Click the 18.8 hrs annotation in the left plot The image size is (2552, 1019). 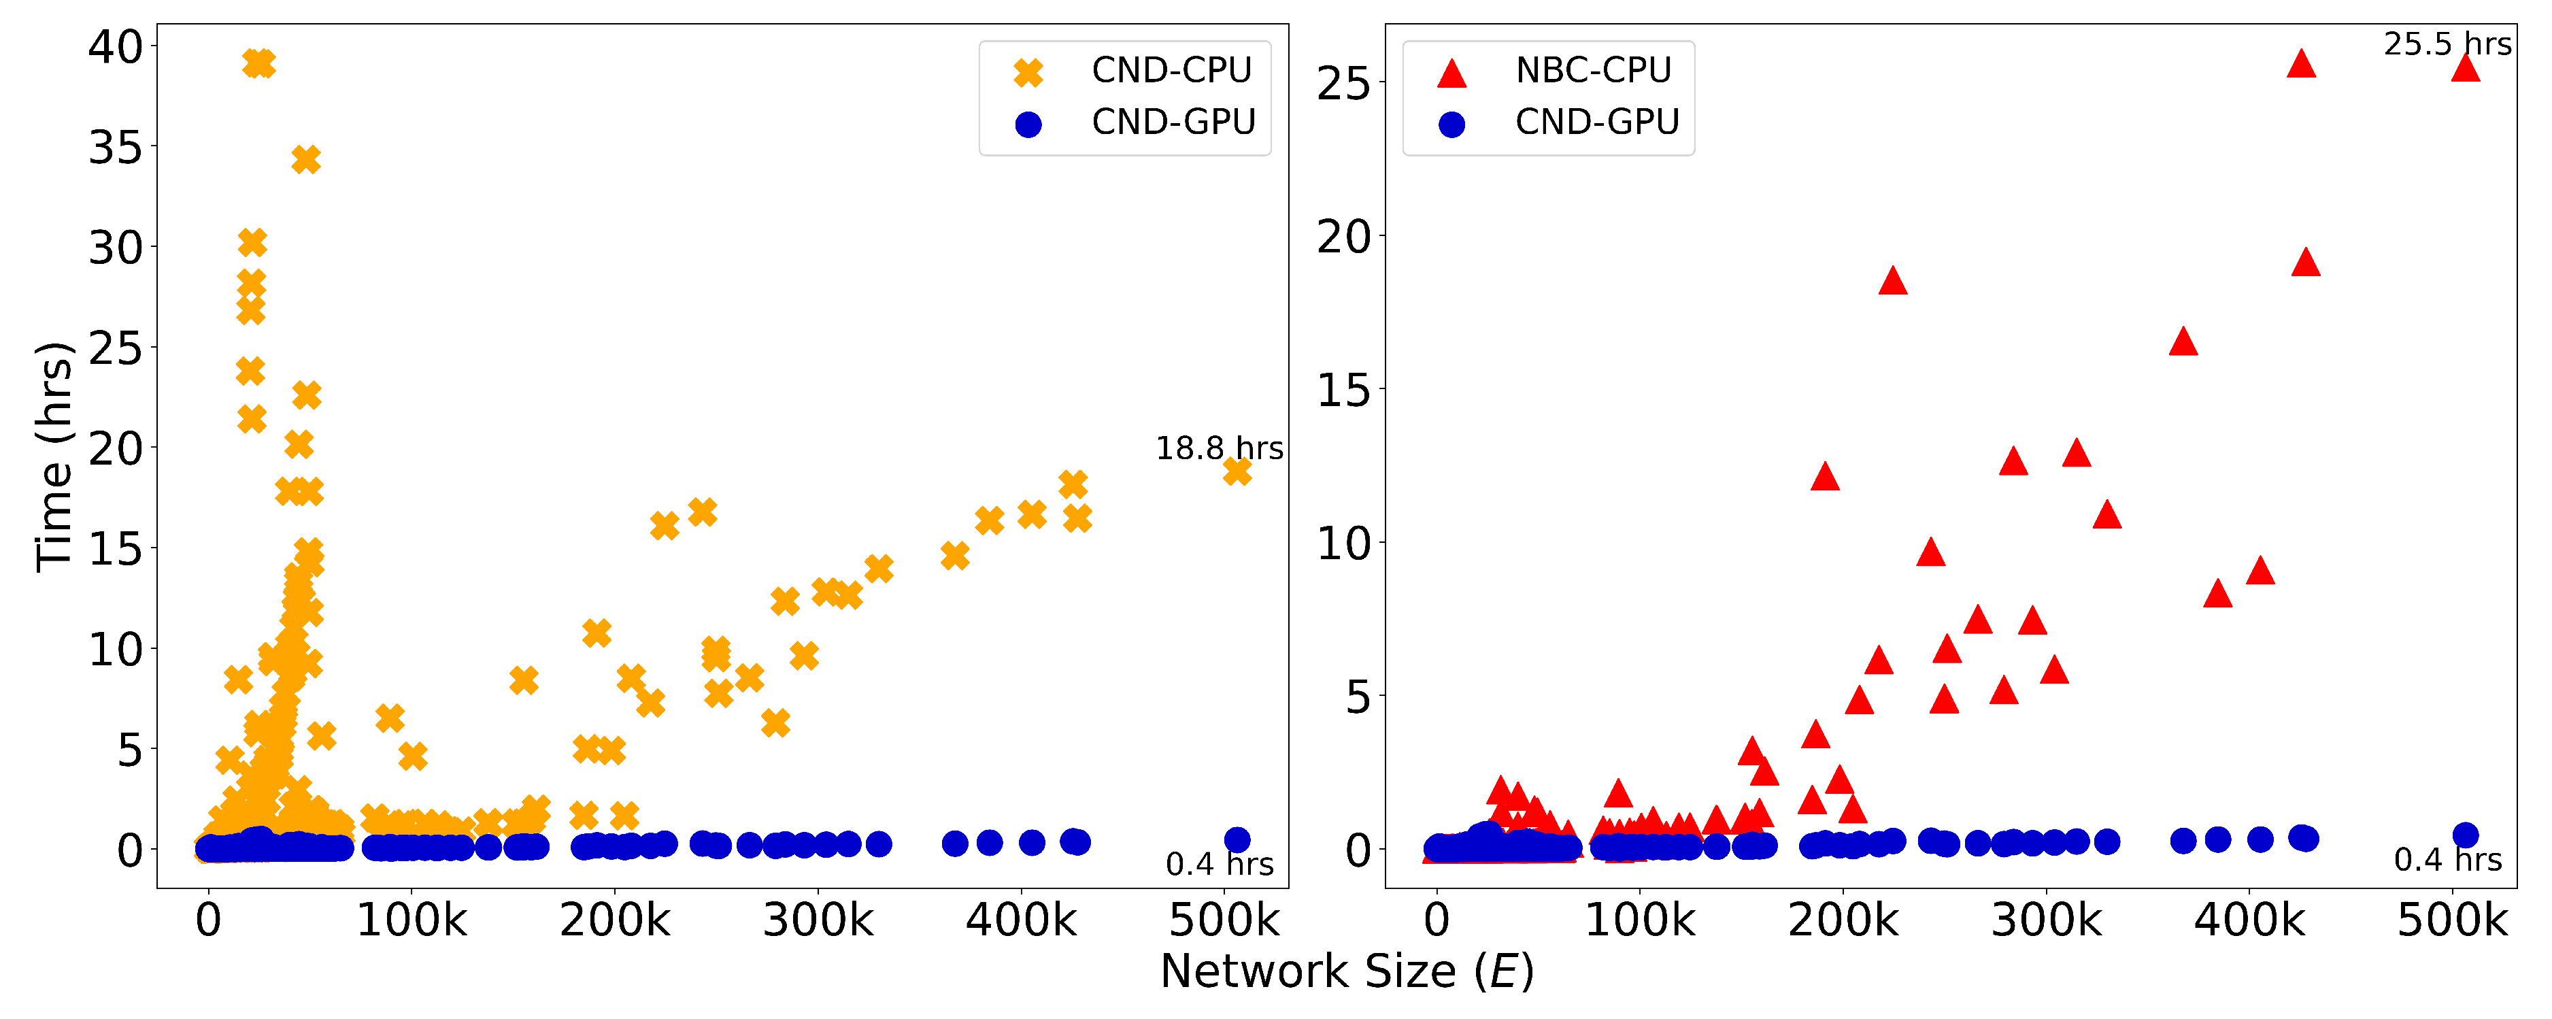pos(1219,449)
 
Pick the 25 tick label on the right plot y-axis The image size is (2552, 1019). pos(1343,84)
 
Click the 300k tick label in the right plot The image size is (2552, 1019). pos(2046,921)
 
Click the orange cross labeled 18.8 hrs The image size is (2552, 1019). pos(1237,473)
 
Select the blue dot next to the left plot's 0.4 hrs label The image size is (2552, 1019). pos(1237,839)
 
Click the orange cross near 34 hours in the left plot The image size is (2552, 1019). pos(306,160)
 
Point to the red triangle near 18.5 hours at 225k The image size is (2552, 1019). pos(1892,282)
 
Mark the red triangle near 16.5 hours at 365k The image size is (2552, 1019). pos(2183,343)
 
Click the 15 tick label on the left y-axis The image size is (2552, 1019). pos(115,549)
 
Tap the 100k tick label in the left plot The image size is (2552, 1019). pos(411,921)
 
